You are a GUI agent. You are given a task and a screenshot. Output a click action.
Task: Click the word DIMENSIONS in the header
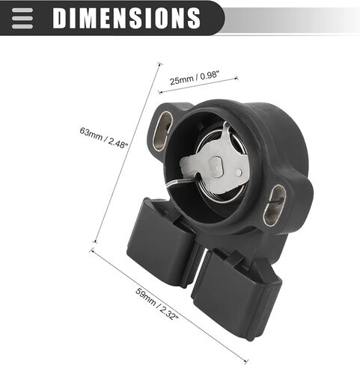tap(126, 18)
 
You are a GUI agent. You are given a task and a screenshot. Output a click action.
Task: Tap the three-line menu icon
tap(22, 18)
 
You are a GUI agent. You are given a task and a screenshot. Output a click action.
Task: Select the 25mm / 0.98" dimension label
tap(195, 78)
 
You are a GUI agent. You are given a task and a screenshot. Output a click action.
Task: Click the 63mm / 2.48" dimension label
tap(104, 138)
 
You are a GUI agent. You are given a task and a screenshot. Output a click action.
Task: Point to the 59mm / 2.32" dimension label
tap(157, 304)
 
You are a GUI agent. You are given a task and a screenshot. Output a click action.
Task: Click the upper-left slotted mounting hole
tap(162, 131)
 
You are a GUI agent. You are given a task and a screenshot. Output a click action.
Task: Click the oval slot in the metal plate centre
tap(216, 167)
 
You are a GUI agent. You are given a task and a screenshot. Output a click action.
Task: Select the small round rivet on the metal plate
tap(239, 172)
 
